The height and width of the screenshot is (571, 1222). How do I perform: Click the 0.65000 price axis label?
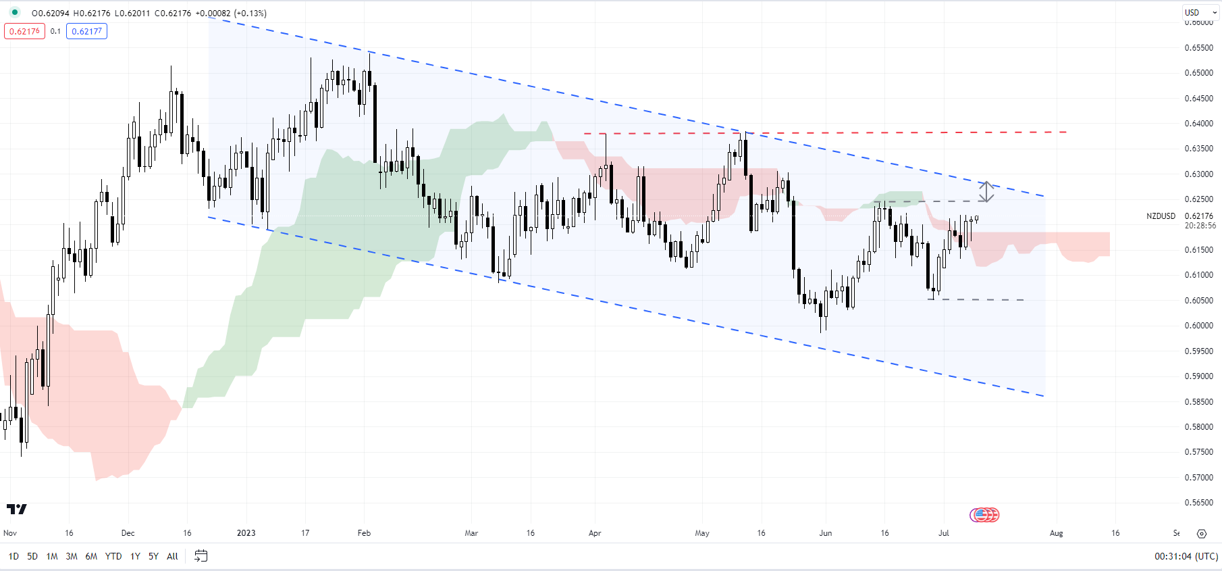1198,73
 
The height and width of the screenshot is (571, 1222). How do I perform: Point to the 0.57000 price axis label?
1198,478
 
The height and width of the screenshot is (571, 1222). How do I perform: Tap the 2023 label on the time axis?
246,533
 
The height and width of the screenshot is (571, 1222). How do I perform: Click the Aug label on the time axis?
1056,533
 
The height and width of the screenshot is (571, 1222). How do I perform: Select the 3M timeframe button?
72,556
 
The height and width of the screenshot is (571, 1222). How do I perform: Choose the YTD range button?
113,556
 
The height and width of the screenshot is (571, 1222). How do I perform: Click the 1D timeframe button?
14,556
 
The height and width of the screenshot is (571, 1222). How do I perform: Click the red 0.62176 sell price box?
24,31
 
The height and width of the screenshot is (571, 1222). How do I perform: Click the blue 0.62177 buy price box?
86,31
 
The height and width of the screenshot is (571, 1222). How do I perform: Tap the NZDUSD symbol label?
1161,216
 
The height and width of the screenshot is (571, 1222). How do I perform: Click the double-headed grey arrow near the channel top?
986,192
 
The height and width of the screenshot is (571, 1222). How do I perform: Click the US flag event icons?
984,515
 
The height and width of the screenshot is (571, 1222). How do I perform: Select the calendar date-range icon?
201,555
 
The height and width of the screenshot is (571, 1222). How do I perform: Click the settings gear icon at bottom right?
1202,534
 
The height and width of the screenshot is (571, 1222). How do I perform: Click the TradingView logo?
17,509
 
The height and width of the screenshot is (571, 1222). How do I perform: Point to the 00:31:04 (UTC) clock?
1186,556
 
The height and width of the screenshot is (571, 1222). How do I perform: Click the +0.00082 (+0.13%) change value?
231,13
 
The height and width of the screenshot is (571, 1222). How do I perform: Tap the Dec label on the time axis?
128,533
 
